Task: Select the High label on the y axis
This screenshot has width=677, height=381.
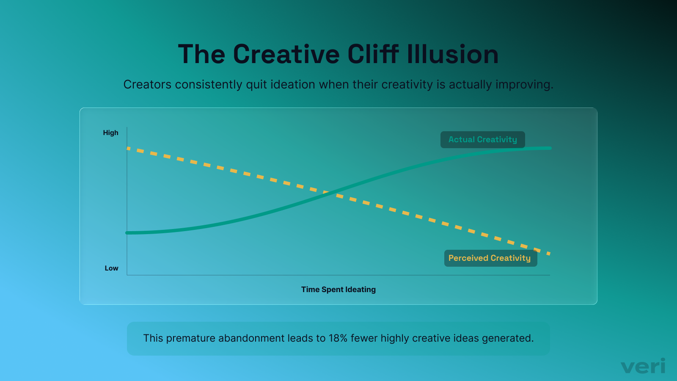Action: tap(111, 133)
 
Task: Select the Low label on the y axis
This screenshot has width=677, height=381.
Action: tap(112, 268)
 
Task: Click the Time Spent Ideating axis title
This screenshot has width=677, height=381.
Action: tap(338, 290)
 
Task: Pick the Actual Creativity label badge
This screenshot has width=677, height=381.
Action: tap(482, 140)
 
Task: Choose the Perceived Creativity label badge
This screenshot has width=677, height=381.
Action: tap(490, 258)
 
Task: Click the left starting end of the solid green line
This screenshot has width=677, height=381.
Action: tap(127, 233)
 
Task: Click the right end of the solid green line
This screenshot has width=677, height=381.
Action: tap(550, 148)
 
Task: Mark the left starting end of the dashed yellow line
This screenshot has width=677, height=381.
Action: tap(128, 148)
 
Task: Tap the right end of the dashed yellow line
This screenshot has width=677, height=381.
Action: tap(549, 254)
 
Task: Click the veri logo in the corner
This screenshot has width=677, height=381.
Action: tap(643, 366)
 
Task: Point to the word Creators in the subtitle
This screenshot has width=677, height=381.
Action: tap(148, 85)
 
